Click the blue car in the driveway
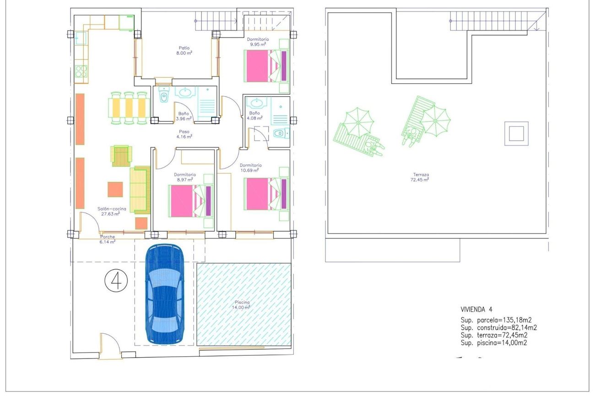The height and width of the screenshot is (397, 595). point(165,294)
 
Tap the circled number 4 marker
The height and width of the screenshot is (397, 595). point(116,281)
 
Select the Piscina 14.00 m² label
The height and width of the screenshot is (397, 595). point(241,305)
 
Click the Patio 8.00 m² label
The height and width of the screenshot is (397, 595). point(184,50)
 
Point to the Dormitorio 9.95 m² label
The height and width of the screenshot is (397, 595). point(258,42)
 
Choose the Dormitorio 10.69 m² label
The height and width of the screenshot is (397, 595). point(250,168)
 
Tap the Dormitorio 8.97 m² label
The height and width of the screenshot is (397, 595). point(185,177)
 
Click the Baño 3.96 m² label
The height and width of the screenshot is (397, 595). point(184,116)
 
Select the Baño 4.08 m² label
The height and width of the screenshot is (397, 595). point(254,115)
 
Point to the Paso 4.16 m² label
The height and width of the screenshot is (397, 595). point(184,134)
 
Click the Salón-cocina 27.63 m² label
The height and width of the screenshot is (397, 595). point(112,211)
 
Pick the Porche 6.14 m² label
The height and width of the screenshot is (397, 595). point(107,239)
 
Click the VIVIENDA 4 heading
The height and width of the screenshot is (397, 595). point(476,310)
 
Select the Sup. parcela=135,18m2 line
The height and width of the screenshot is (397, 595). point(496,320)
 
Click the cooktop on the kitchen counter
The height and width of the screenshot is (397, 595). point(81,71)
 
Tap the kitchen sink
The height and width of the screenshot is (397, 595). point(81,38)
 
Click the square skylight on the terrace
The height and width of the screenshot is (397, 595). point(516,134)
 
